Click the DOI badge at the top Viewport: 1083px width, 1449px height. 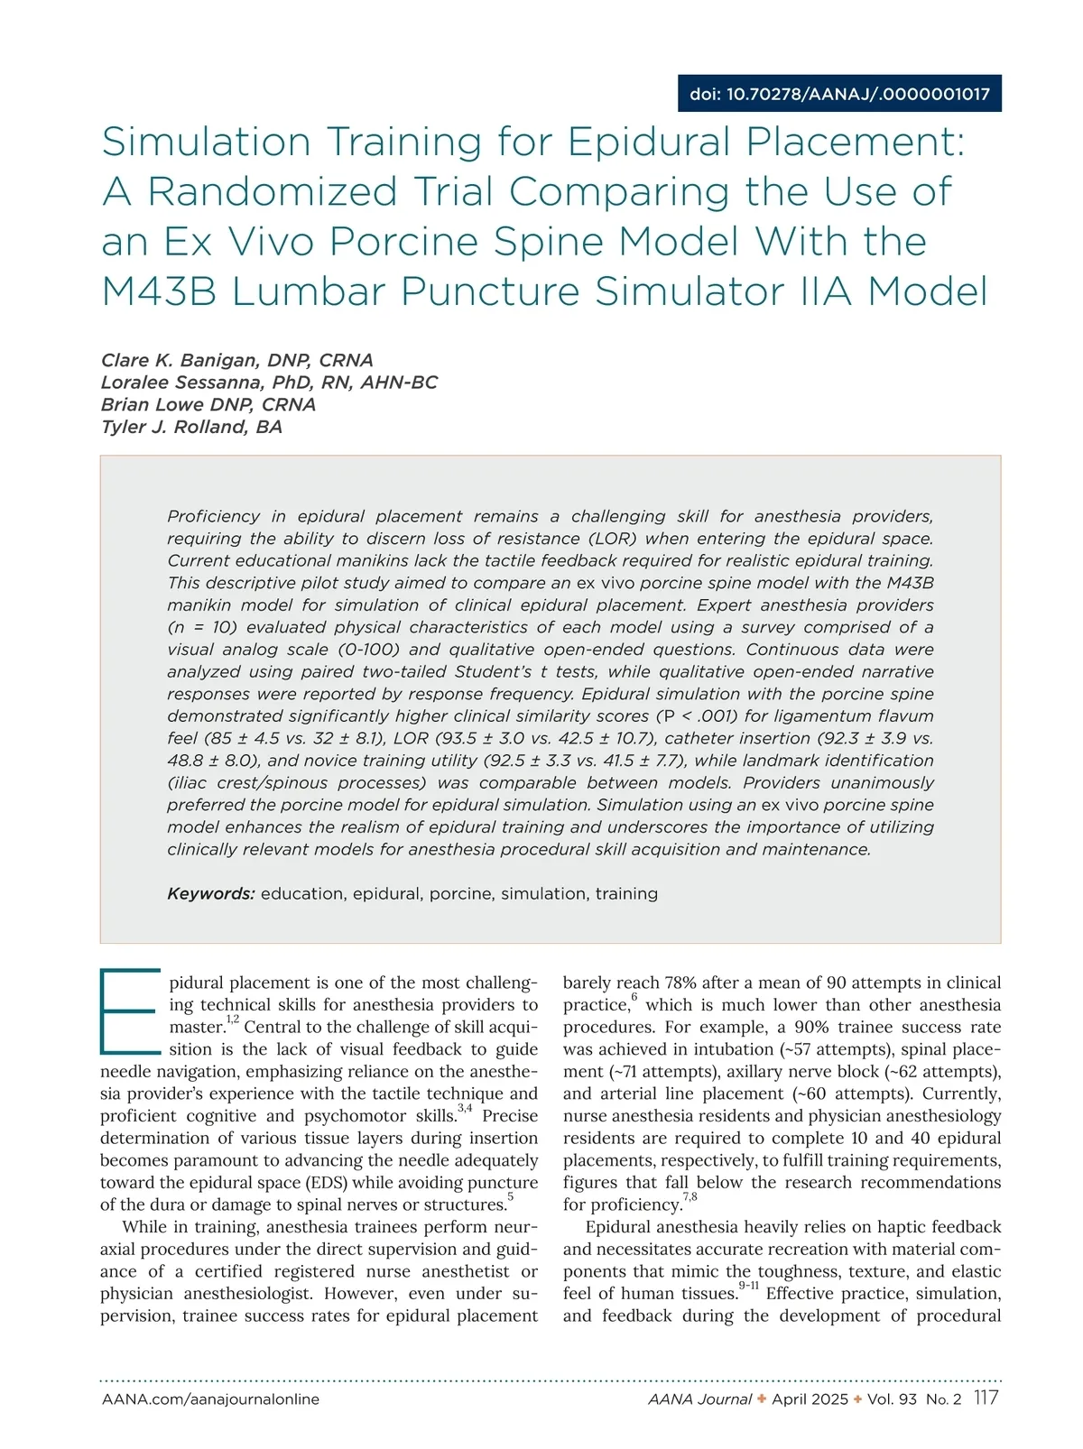(839, 94)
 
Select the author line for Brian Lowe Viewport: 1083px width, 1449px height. (208, 404)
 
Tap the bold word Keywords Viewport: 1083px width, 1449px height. (211, 894)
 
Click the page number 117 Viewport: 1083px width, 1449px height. (986, 1398)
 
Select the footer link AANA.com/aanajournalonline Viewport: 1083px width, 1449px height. (210, 1399)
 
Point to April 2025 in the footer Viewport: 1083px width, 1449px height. (810, 1399)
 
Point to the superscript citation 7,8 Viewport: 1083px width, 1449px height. (690, 1197)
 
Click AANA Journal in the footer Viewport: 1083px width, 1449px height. (699, 1399)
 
